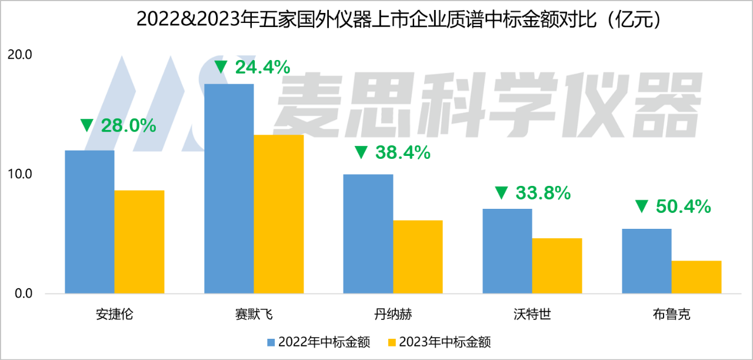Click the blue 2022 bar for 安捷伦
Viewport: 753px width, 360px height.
click(89, 222)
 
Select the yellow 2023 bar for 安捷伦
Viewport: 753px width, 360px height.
click(139, 242)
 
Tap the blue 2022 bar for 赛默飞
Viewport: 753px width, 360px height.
click(229, 188)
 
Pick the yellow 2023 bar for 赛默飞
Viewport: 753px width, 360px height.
click(279, 214)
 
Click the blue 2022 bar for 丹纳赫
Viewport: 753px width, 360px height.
click(368, 234)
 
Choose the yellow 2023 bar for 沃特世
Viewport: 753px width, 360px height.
click(557, 266)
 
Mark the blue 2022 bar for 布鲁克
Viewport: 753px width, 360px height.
click(647, 261)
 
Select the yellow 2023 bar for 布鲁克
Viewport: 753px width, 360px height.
click(697, 277)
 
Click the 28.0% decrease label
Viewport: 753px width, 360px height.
click(118, 125)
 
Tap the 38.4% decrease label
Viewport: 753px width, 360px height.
click(392, 153)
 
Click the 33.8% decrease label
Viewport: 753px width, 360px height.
click(532, 192)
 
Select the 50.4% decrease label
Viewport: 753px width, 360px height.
click(672, 206)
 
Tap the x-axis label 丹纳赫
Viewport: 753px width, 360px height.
click(392, 314)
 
